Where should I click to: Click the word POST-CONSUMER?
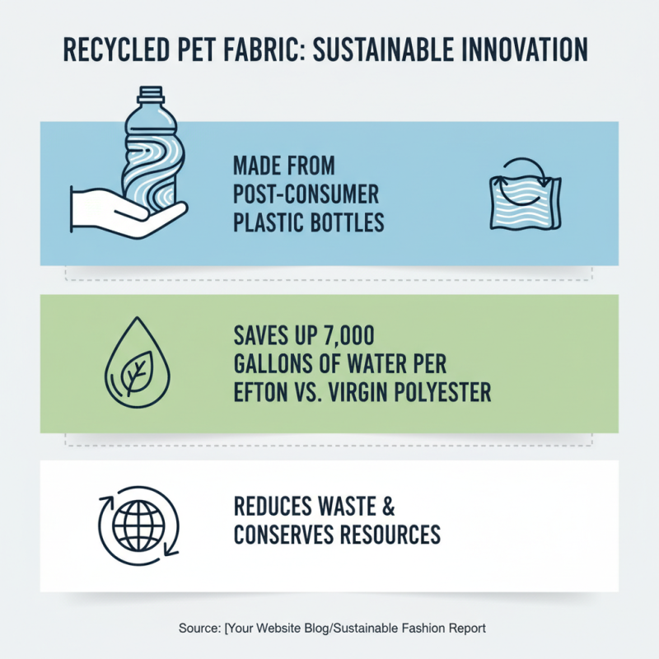coord(306,195)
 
